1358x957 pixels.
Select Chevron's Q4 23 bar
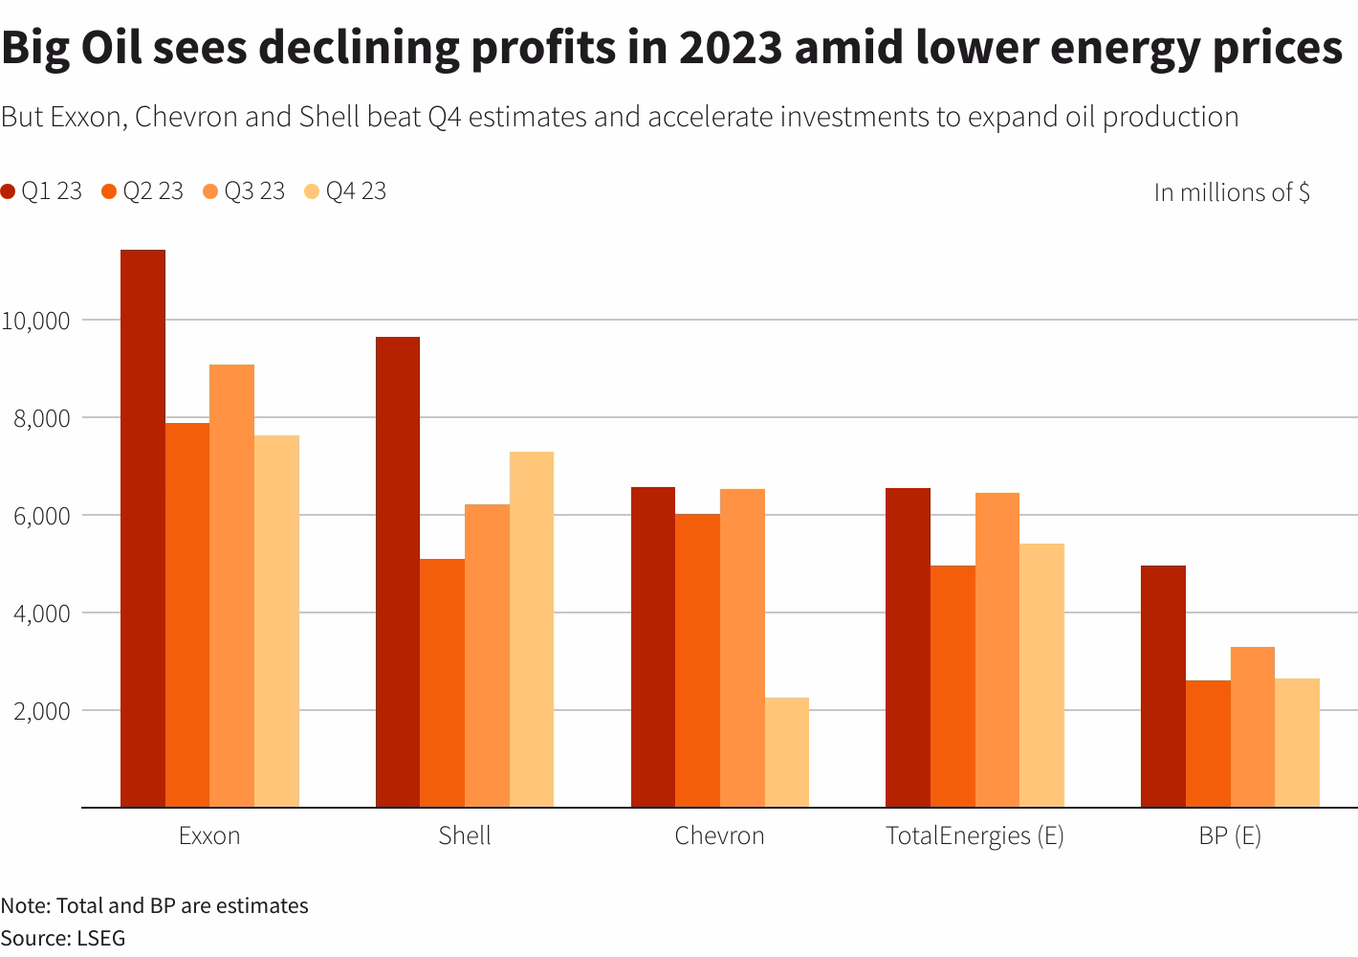pos(786,752)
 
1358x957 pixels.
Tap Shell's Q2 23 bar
pos(442,682)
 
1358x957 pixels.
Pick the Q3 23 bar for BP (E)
pos(1252,726)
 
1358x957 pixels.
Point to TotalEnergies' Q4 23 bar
pos(1041,675)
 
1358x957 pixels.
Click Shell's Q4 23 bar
pos(531,629)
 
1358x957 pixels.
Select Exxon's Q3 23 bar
pos(231,586)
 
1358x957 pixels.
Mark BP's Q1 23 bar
pos(1163,686)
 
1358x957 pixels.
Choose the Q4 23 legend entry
pos(345,191)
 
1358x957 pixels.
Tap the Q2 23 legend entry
pos(142,191)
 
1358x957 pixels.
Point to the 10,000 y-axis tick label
pos(35,321)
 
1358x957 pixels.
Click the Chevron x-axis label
pos(719,835)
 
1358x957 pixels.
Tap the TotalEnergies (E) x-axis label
pos(975,835)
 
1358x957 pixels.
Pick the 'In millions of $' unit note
pos(1231,192)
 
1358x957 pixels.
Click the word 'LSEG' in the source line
pos(100,938)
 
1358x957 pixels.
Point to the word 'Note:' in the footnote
pos(26,905)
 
